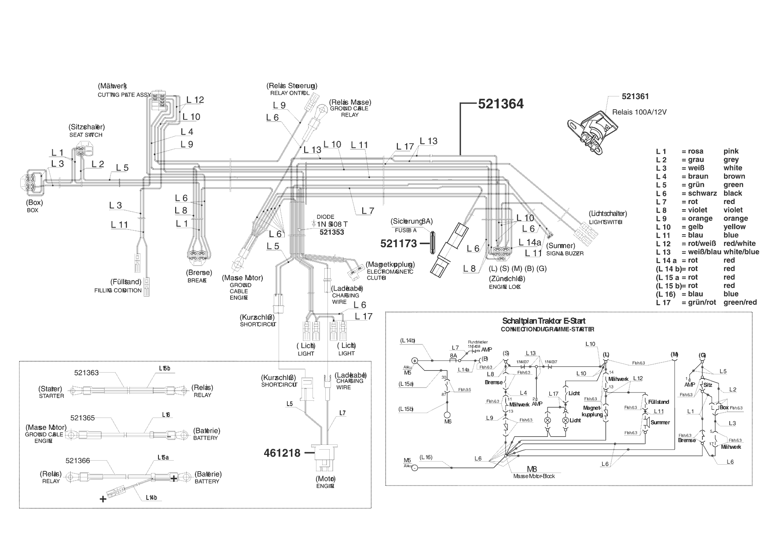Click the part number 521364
(500, 104)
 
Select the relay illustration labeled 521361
(589, 130)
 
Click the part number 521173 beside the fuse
(398, 243)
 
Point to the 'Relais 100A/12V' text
(639, 112)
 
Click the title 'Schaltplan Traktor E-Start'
(544, 321)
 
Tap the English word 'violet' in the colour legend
(733, 210)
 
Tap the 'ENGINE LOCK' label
(505, 287)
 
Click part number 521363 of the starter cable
(86, 373)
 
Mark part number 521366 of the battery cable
(77, 461)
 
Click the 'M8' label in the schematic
(532, 469)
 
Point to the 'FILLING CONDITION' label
(118, 291)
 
